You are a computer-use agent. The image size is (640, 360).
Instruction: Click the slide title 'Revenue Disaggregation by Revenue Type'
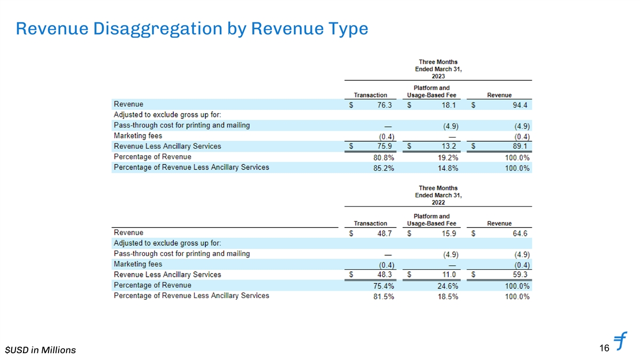[x=192, y=29]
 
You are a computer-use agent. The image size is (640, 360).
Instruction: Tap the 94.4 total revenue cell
[x=517, y=105]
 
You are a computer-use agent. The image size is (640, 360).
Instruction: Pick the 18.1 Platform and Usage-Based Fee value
[x=448, y=105]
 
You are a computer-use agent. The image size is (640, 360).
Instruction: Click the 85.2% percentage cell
[x=383, y=169]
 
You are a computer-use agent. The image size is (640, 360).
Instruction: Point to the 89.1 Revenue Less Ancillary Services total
[x=517, y=147]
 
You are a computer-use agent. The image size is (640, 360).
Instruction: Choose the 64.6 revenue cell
[x=517, y=234]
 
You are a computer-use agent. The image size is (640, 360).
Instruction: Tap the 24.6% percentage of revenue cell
[x=447, y=286]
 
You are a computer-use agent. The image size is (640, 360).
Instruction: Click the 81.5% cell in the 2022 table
[x=383, y=297]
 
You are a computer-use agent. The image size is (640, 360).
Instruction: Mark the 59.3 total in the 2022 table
[x=517, y=275]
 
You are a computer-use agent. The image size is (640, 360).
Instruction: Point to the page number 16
[x=604, y=348]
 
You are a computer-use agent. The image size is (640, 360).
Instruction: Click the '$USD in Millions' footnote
[x=41, y=350]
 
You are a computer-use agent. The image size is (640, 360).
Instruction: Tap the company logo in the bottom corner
[x=621, y=342]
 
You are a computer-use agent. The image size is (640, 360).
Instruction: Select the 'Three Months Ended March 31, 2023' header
[x=438, y=69]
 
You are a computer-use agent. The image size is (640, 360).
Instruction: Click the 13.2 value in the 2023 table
[x=448, y=147]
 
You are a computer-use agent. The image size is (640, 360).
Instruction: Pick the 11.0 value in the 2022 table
[x=448, y=275]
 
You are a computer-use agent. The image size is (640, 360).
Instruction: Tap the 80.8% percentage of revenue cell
[x=383, y=158]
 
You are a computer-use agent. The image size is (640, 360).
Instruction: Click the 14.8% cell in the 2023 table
[x=447, y=169]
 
